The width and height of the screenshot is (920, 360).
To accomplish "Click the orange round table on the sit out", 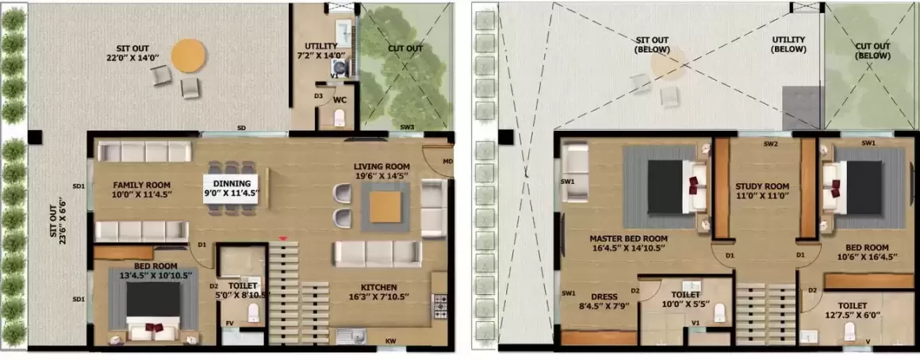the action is [x=188, y=56].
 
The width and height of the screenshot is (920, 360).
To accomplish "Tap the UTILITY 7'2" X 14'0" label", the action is [x=321, y=51].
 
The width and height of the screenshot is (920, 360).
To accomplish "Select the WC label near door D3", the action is [x=339, y=100].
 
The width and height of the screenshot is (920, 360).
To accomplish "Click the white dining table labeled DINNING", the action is [x=236, y=186].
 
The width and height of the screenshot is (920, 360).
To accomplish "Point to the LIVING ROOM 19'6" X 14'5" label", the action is [x=382, y=170].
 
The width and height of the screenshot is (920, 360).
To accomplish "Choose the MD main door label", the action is [x=447, y=161].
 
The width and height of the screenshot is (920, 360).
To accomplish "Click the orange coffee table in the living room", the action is [x=385, y=207].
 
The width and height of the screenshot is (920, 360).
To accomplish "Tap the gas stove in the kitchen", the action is [x=440, y=306].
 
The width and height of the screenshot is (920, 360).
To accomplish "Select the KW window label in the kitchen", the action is [x=390, y=341].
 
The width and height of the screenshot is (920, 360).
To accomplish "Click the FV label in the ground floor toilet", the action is [x=229, y=323].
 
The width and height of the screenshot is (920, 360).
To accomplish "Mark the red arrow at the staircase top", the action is [x=283, y=239].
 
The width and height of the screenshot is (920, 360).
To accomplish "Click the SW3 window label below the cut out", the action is [x=407, y=127].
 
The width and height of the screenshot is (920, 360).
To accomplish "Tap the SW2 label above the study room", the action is [x=771, y=144].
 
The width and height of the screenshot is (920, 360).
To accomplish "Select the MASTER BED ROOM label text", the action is [x=628, y=239].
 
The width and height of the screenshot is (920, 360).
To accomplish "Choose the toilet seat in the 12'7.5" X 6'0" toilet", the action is [x=849, y=331].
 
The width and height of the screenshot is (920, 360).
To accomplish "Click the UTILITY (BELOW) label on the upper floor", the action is [x=788, y=44].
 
